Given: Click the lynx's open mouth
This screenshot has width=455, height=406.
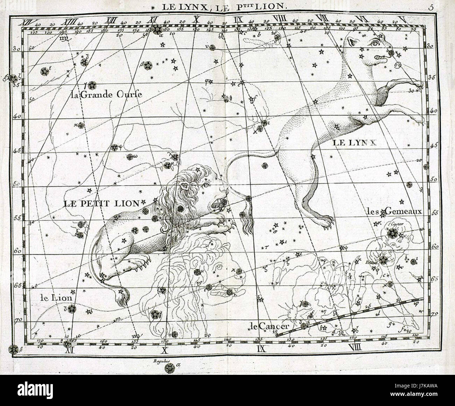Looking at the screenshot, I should [x=380, y=57].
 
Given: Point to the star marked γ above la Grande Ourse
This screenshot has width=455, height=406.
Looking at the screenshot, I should [x=92, y=85].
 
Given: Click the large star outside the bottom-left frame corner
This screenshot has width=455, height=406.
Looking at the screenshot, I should [x=13, y=349].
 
